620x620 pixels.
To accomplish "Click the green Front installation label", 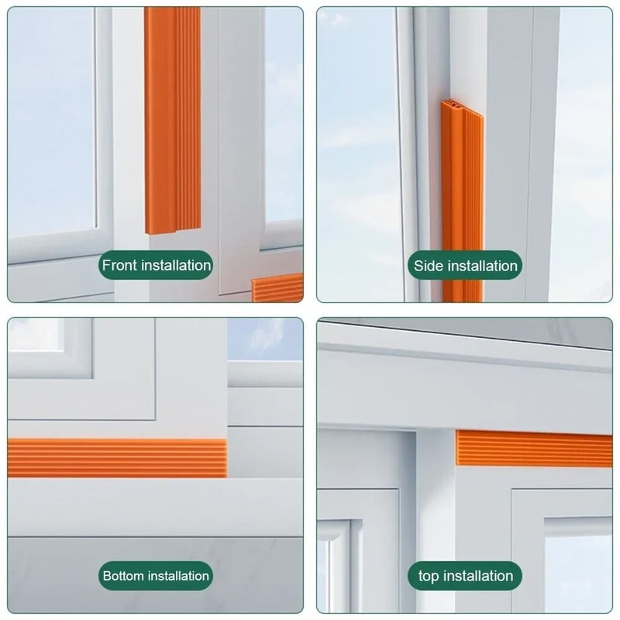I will [157, 265].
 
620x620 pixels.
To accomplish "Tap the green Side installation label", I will [465, 266].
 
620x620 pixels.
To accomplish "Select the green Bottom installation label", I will [156, 576].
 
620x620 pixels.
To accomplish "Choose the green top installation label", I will [465, 576].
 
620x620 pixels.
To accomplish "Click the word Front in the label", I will [119, 265].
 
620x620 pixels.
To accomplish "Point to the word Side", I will [429, 266].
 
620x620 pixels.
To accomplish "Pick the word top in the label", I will [429, 576].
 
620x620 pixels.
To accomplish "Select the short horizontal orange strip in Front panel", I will [277, 288].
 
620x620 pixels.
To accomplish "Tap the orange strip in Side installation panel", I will [463, 201].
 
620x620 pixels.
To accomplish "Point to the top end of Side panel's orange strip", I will [453, 104].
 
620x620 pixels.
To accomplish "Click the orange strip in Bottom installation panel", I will [116, 457].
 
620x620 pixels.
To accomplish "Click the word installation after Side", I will [482, 266].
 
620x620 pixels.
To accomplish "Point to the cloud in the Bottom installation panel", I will [263, 336].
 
